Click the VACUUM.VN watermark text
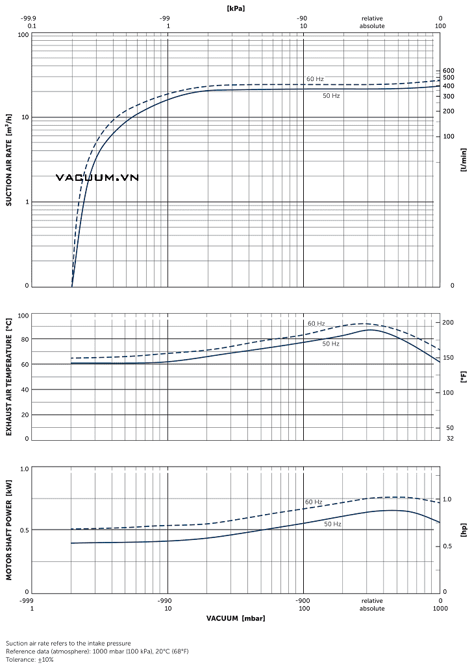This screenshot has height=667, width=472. point(97,178)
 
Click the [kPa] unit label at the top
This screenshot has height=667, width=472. point(236,8)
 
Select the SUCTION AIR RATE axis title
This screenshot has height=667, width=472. point(9,159)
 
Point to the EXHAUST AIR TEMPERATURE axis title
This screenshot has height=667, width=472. point(9,377)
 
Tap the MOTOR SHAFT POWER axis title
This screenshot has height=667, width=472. point(9,530)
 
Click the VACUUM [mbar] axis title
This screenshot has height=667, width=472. point(236,618)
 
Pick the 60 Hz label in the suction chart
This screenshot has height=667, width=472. point(315,79)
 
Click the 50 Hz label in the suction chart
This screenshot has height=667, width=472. point(331,96)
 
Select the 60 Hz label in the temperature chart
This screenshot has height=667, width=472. point(316,323)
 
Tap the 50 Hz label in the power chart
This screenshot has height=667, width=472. point(332,524)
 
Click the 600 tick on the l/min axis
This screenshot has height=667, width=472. point(449,71)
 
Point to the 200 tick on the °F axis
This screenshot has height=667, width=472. point(448,322)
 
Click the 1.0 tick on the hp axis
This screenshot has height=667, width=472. point(447,500)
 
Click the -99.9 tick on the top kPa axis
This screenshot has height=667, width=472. point(29,19)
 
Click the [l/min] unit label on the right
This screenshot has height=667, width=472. point(464,159)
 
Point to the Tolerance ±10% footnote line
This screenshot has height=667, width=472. point(30,659)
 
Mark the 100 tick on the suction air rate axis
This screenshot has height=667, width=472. point(23,34)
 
